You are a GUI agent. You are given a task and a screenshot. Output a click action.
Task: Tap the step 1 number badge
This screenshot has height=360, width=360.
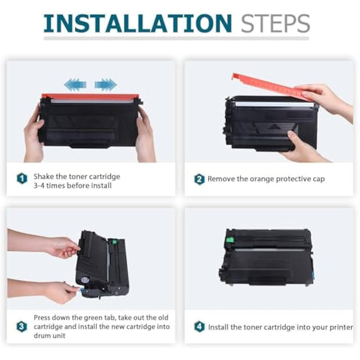tap(22, 179)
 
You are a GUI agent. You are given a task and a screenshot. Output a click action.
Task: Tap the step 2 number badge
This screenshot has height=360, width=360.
tap(199, 179)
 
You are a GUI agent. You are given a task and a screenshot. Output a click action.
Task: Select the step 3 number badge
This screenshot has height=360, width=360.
tap(22, 327)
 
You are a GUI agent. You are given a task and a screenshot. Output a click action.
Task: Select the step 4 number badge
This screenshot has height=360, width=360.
tap(199, 327)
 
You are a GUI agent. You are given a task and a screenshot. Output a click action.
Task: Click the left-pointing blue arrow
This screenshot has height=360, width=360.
tap(76, 84)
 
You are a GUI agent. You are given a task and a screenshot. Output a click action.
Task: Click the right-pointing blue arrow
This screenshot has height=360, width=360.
tap(105, 84)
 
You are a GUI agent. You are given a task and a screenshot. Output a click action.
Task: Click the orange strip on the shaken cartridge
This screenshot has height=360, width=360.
tap(90, 97)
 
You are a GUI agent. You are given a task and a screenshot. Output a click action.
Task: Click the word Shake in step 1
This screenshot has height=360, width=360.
tap(44, 176)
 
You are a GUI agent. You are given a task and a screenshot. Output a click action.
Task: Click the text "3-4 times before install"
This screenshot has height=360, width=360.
tap(73, 185)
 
